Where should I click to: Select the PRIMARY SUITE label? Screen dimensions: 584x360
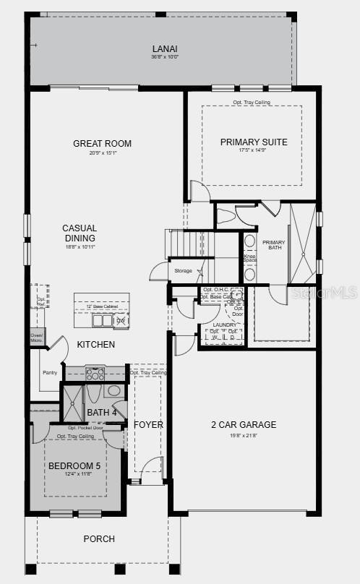coord(253,142)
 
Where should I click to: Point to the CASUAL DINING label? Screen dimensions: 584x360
coord(79,233)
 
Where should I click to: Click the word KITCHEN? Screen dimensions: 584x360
coord(95,345)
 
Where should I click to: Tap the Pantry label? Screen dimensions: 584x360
coord(49,373)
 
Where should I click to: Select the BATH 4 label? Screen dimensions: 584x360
coord(101,413)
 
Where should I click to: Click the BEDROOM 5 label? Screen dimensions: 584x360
coord(74,466)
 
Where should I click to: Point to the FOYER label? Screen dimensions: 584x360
coord(148,424)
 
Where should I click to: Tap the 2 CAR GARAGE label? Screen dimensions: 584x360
coord(244,425)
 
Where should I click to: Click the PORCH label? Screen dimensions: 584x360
coord(98,538)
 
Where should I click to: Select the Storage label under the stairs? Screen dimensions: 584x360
coord(184,270)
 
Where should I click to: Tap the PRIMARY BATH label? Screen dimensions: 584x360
coord(274,246)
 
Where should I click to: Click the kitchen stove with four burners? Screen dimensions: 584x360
coord(95,374)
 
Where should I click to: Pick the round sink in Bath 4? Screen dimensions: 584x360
coord(113,391)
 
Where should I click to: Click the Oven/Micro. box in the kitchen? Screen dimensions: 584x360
coord(36,337)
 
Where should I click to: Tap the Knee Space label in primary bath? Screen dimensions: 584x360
coord(250,259)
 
